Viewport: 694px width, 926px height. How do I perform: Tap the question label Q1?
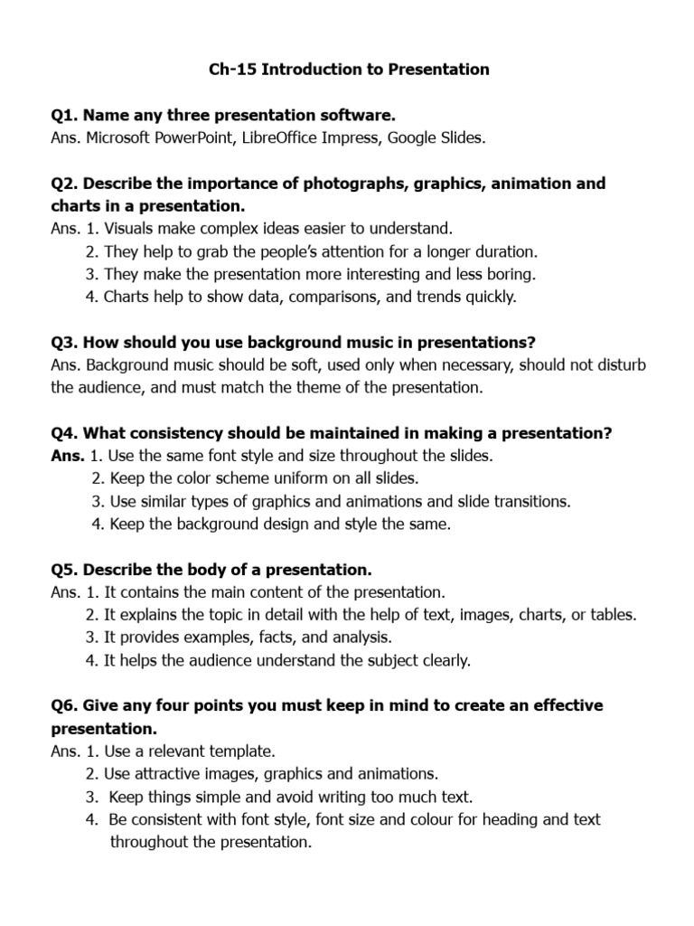(64, 116)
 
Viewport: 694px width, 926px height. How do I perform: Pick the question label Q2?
(64, 184)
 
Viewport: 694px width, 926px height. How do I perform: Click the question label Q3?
(64, 343)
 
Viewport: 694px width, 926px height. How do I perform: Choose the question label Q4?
(64, 434)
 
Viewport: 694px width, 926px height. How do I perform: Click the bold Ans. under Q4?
(68, 457)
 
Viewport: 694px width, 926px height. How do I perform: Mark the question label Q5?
(64, 571)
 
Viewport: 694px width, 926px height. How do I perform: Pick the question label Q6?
(64, 705)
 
